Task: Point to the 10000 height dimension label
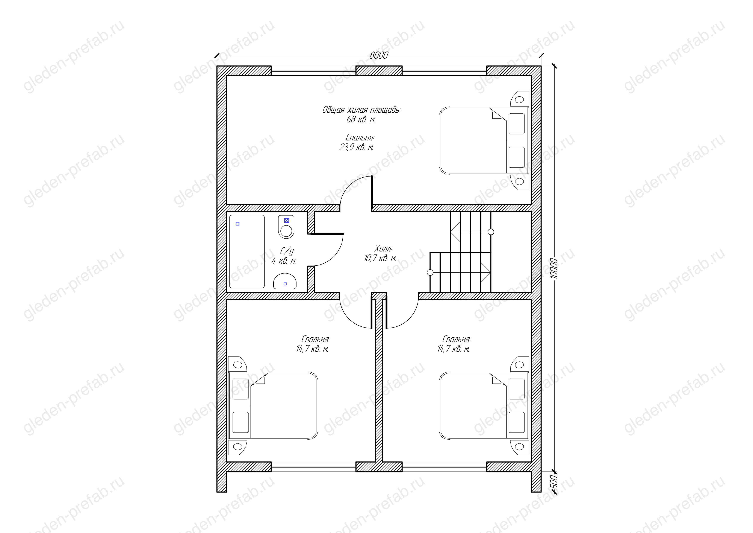[554, 268]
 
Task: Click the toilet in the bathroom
[286, 227]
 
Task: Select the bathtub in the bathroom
[247, 251]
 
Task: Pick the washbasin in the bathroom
[285, 281]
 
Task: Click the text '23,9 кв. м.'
[357, 147]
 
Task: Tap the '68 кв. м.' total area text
[361, 119]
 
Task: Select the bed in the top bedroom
[484, 140]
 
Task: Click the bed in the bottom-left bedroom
[273, 406]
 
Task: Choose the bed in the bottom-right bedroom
[484, 406]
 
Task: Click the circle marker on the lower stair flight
[430, 273]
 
